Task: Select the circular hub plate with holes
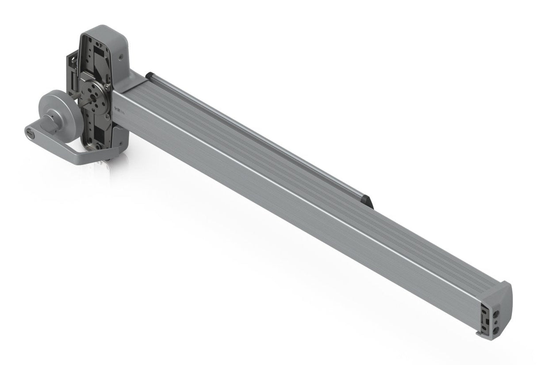click(94, 96)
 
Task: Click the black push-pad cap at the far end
click(367, 201)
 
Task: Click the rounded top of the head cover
click(106, 31)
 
